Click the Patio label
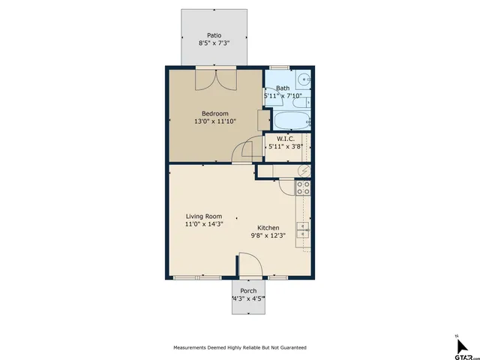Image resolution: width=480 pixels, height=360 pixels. coord(214,35)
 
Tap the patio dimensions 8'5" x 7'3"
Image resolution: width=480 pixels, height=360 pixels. coord(214,43)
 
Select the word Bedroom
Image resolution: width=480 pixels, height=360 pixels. coord(214,113)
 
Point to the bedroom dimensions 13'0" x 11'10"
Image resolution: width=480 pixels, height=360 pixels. coord(214,121)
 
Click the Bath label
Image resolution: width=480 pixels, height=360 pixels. coord(282,88)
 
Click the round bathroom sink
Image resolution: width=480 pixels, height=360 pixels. coord(304,79)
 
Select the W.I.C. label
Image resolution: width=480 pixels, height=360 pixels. coord(285,139)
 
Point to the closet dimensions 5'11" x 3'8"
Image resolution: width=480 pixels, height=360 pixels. coord(285,147)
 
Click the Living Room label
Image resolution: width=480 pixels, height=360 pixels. coord(204,216)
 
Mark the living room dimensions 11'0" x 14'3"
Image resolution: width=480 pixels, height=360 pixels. coord(204,224)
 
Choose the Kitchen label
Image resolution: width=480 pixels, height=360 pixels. coord(268,228)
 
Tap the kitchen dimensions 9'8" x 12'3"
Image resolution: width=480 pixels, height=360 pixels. coord(268,235)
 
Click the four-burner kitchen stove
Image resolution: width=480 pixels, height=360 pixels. coord(304,187)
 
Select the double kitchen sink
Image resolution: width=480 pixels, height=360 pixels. coord(304,232)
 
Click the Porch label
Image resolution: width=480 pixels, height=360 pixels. coord(248,291)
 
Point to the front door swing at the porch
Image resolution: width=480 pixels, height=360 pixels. coord(249,265)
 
